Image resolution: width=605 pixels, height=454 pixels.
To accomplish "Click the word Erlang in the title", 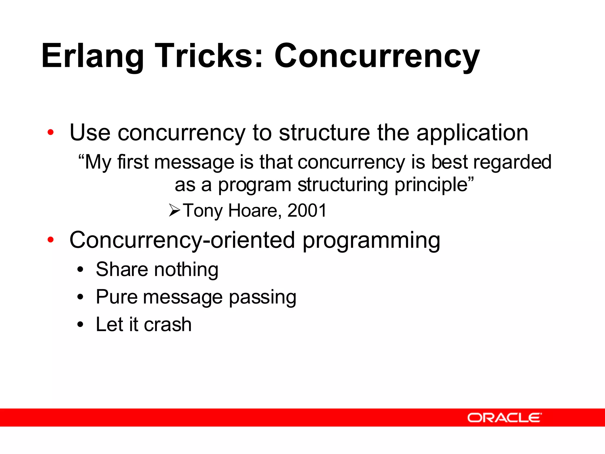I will (92, 56).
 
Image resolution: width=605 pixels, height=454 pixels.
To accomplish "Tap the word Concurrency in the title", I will (377, 56).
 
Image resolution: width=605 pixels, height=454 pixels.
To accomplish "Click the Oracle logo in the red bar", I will (505, 418).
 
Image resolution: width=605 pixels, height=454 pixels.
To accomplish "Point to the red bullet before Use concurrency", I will (51, 132).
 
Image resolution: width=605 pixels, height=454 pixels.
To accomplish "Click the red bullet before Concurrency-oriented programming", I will (51, 240).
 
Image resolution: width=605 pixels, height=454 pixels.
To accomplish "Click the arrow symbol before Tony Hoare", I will (175, 210).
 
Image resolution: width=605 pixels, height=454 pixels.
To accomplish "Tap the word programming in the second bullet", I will (371, 241).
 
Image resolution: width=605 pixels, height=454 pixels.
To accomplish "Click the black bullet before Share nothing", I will (80, 270).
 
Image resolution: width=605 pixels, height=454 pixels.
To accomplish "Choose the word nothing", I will (186, 270).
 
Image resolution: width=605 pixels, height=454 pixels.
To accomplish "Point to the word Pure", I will (117, 297).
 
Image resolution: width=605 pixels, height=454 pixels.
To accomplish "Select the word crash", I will (167, 325).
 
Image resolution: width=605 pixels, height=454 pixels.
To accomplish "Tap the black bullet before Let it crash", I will (80, 325).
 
